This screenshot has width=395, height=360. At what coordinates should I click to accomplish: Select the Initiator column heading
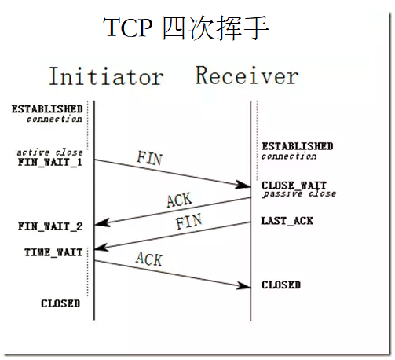coord(106,76)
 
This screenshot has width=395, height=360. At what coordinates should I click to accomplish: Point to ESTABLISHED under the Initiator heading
coord(47,108)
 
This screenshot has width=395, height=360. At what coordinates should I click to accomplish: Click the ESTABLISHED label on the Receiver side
coord(297,146)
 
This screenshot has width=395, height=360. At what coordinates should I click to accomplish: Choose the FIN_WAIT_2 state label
coord(49,226)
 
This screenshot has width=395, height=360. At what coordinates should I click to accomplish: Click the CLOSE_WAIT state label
coord(294,185)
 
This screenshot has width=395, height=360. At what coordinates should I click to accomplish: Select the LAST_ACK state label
coord(287,221)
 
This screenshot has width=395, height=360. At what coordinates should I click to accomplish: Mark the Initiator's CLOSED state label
coord(60,303)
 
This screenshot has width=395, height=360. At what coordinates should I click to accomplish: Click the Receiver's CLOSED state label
coord(280,285)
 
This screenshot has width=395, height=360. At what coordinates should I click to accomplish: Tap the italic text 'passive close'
coord(298,194)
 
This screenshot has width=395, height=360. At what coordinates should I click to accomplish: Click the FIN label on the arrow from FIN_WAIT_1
coord(149,158)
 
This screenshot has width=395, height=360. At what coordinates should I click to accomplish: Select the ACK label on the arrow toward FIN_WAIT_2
coord(178,200)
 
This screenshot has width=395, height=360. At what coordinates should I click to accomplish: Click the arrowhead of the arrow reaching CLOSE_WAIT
coord(245,186)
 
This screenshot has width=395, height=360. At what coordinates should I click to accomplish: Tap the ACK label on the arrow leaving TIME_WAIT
coord(148,259)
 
